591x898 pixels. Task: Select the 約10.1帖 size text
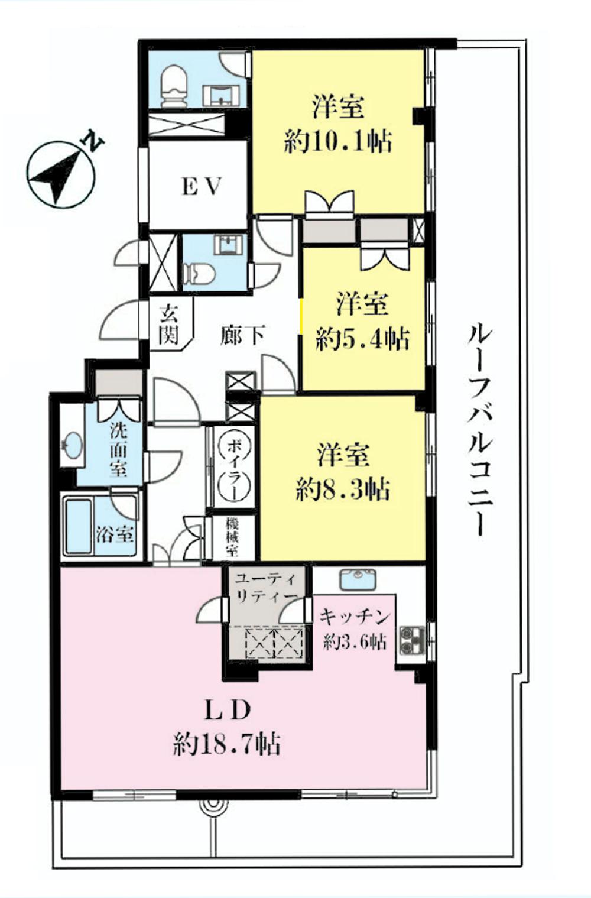[x=338, y=142]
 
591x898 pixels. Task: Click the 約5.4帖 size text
[x=362, y=340]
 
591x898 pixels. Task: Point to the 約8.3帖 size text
[x=343, y=489]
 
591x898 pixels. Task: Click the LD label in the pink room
[x=228, y=710]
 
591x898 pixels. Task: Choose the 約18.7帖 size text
[x=227, y=744]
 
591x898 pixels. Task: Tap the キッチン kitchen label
[x=355, y=617]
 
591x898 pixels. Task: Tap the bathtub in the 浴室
[x=78, y=527]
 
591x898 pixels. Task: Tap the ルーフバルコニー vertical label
[x=480, y=429]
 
